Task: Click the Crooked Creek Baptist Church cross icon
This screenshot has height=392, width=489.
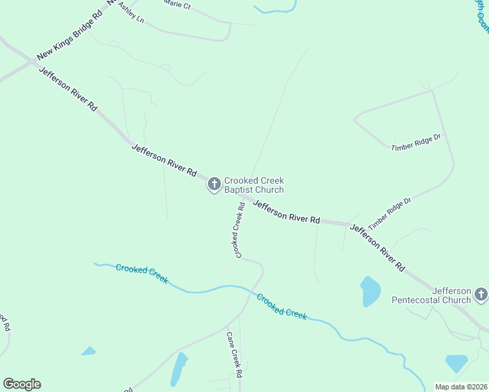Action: click(x=214, y=185)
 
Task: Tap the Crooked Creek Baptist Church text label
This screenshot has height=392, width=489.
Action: click(x=254, y=185)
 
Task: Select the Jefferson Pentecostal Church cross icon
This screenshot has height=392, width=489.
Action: click(x=481, y=295)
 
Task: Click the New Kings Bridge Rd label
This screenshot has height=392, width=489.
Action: click(x=70, y=36)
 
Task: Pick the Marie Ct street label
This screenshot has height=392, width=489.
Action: click(x=177, y=5)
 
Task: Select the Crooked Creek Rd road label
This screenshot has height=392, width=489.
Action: click(x=237, y=229)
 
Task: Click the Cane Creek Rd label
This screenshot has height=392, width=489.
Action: click(x=234, y=355)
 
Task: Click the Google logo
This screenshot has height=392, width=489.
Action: click(x=22, y=384)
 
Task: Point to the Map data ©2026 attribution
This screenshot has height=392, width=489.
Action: click(x=461, y=387)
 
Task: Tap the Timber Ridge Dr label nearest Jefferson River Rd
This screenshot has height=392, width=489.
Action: click(x=390, y=213)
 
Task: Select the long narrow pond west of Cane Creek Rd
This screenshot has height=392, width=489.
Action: click(x=178, y=369)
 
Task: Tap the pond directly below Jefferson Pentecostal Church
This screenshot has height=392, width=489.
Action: click(x=456, y=363)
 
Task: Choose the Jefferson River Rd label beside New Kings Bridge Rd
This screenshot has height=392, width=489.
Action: click(x=68, y=88)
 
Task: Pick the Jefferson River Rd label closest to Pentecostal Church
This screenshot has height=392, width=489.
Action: click(x=378, y=248)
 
